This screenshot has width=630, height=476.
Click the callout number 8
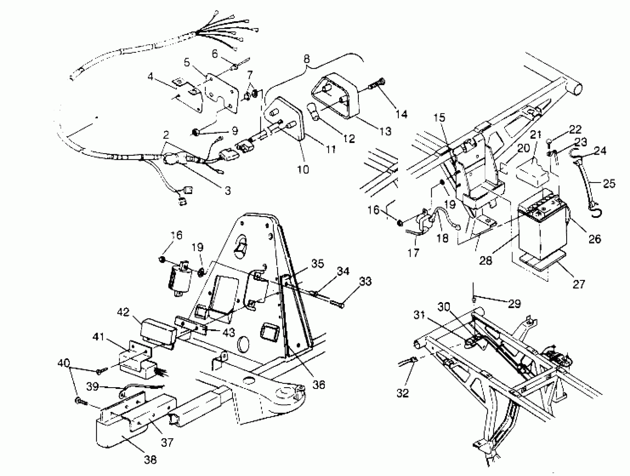point(306,59)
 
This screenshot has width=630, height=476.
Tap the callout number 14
point(401,114)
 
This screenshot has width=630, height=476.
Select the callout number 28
point(486,260)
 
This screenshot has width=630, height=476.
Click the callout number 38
point(151,459)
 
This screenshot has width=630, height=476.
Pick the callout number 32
point(403,393)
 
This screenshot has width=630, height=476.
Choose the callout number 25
point(609,183)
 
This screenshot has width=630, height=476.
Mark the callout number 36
point(318,385)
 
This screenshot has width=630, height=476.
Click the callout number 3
point(228,190)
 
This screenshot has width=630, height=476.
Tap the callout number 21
point(535,135)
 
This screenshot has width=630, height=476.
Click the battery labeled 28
point(541,228)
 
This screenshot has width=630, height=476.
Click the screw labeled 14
point(376,84)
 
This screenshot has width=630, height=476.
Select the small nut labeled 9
point(196,132)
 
